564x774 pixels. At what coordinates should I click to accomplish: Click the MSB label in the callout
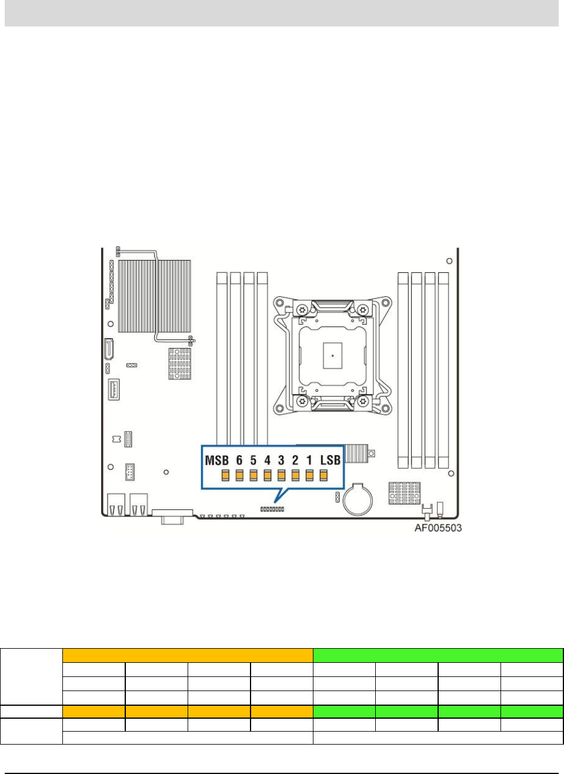click(216, 461)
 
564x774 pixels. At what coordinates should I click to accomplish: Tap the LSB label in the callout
click(330, 460)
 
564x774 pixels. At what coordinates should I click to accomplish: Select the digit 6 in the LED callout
click(239, 461)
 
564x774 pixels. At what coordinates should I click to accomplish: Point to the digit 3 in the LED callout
click(281, 461)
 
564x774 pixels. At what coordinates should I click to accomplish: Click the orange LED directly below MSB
click(225, 475)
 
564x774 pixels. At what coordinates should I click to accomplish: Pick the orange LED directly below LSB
click(323, 475)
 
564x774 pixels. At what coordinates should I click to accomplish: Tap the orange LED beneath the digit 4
click(267, 475)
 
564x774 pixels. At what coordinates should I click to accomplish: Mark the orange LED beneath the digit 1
click(309, 475)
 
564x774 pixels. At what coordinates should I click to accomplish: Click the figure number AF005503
click(438, 528)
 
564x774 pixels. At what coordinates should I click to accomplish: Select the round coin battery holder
click(358, 499)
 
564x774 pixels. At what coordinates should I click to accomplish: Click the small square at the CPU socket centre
click(332, 355)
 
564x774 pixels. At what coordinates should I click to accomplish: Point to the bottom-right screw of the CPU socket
click(363, 402)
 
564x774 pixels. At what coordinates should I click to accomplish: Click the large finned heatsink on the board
click(155, 296)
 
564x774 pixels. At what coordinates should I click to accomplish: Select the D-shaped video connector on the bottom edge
click(172, 516)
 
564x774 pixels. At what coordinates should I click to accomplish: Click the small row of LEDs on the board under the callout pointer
click(272, 509)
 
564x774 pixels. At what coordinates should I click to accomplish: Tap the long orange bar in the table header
click(188, 655)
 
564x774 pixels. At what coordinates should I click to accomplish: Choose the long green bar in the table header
click(438, 655)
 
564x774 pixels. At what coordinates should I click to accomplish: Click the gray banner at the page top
click(282, 12)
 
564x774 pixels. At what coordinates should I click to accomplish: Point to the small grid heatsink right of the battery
click(404, 492)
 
